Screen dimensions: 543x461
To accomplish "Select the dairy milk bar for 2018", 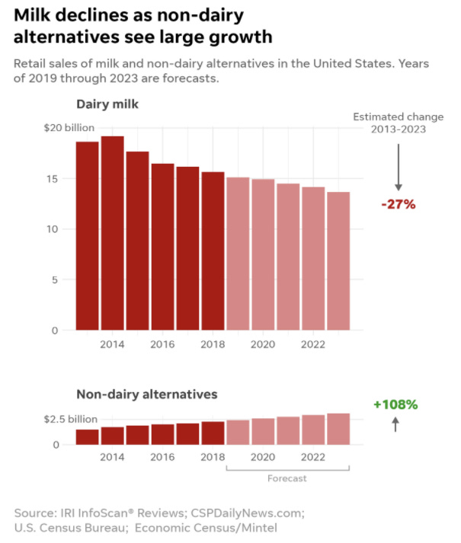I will click(x=213, y=251).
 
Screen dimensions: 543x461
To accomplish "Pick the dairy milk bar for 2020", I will click(x=263, y=254).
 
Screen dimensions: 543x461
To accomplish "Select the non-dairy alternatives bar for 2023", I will click(x=338, y=429).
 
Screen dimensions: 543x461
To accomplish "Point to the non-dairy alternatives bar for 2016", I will click(x=162, y=434).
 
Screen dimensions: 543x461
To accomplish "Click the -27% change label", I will click(x=398, y=204).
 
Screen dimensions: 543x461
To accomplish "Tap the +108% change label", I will click(x=395, y=404).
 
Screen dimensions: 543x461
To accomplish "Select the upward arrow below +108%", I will click(x=395, y=425).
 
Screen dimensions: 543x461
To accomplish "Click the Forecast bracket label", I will click(x=287, y=478).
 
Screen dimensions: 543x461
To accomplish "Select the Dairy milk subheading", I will click(x=106, y=104).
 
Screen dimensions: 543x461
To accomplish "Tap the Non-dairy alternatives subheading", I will click(x=147, y=394).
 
